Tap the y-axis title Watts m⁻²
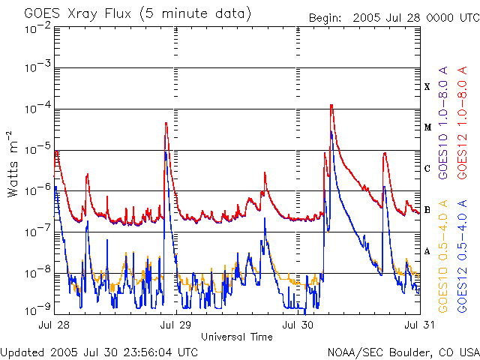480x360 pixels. coord(13,164)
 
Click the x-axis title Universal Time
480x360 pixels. coord(237,337)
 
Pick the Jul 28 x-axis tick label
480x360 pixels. coord(57,325)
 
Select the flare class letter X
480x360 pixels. coord(427,87)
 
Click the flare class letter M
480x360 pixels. coord(427,127)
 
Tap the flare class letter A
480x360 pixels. coord(427,251)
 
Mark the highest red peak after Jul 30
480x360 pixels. coord(331,106)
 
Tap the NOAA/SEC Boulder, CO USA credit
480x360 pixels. coord(403,352)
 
